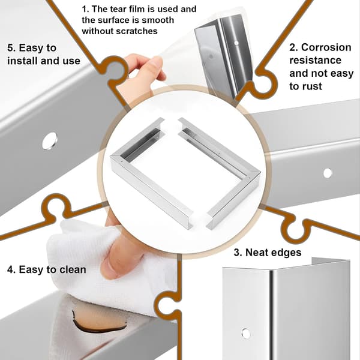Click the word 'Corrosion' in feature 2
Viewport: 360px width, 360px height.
coord(326,47)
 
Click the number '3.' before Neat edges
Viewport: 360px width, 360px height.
coord(238,253)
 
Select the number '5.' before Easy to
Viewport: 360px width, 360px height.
coord(11,48)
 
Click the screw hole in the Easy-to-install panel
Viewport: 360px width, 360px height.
coord(50,141)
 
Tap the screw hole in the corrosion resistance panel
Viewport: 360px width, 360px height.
coord(328,173)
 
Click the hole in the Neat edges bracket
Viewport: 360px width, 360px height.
coord(246,333)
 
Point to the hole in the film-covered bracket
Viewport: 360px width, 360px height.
coord(236,43)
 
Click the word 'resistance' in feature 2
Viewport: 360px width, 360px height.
coord(315,61)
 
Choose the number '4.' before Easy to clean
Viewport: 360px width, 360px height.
coord(11,269)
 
